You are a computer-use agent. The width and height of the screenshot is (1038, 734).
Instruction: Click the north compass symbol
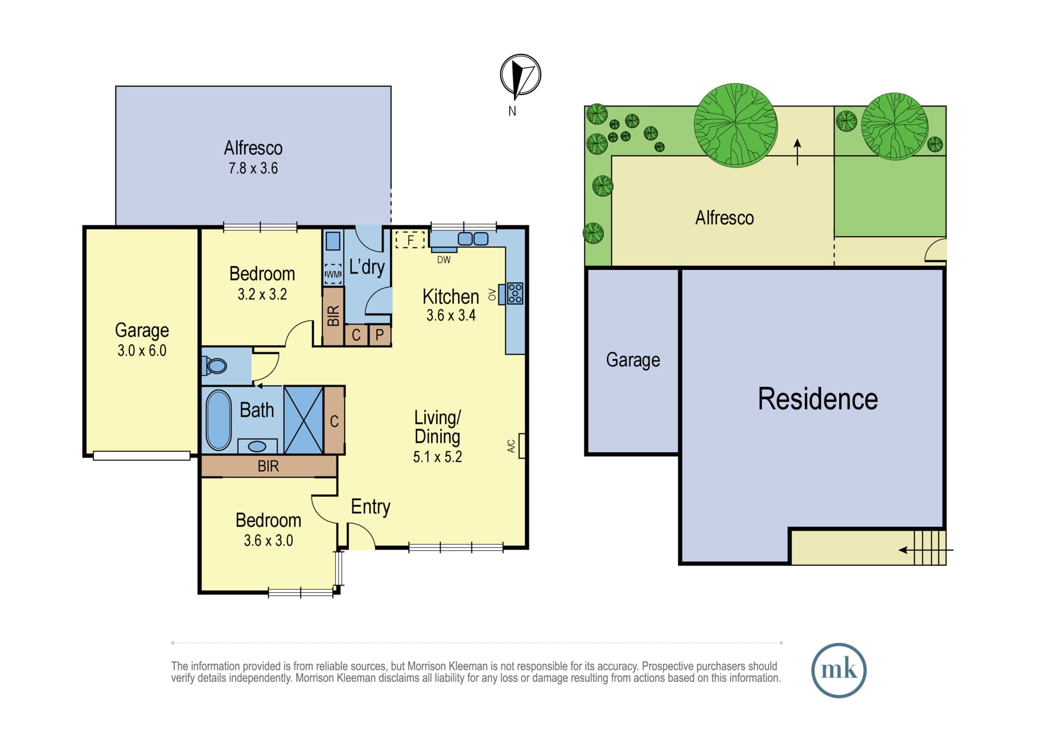[x=521, y=75]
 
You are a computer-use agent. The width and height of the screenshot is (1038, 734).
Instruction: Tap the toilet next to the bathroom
[x=214, y=365]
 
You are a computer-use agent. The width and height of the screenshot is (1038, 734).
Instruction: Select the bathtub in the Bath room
[x=218, y=420]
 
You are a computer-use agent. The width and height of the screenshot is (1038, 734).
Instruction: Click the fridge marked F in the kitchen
[x=410, y=240]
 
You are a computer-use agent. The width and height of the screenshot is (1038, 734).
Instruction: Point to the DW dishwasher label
[x=444, y=260]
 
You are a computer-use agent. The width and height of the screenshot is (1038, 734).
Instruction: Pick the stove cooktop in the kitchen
[x=515, y=293]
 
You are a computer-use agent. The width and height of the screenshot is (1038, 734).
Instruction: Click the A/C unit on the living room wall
[x=522, y=446]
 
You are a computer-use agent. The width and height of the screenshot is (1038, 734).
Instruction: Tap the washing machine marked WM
[x=333, y=274]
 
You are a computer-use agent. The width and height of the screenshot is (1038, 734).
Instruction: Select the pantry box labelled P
[x=380, y=335]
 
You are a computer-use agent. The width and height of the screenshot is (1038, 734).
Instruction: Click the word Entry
[x=371, y=507]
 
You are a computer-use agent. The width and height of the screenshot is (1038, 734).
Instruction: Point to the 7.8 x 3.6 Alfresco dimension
[x=253, y=168]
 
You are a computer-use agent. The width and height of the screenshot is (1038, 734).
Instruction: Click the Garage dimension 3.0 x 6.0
[x=142, y=350]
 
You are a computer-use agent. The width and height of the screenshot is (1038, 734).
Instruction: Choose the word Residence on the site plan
[x=818, y=399]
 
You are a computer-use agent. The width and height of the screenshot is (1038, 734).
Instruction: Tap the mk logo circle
[x=839, y=670]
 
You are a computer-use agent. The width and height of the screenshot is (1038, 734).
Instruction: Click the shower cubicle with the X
[x=304, y=420]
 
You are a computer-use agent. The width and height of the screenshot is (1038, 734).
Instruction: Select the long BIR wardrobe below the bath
[x=269, y=466]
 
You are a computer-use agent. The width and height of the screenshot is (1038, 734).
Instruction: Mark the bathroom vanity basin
[x=257, y=446]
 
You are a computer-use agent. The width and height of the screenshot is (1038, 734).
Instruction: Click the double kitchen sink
[x=473, y=239]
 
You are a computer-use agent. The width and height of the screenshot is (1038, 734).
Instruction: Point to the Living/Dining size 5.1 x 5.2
[x=438, y=457]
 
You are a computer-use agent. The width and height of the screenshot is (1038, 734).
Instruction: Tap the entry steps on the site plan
[x=930, y=547]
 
